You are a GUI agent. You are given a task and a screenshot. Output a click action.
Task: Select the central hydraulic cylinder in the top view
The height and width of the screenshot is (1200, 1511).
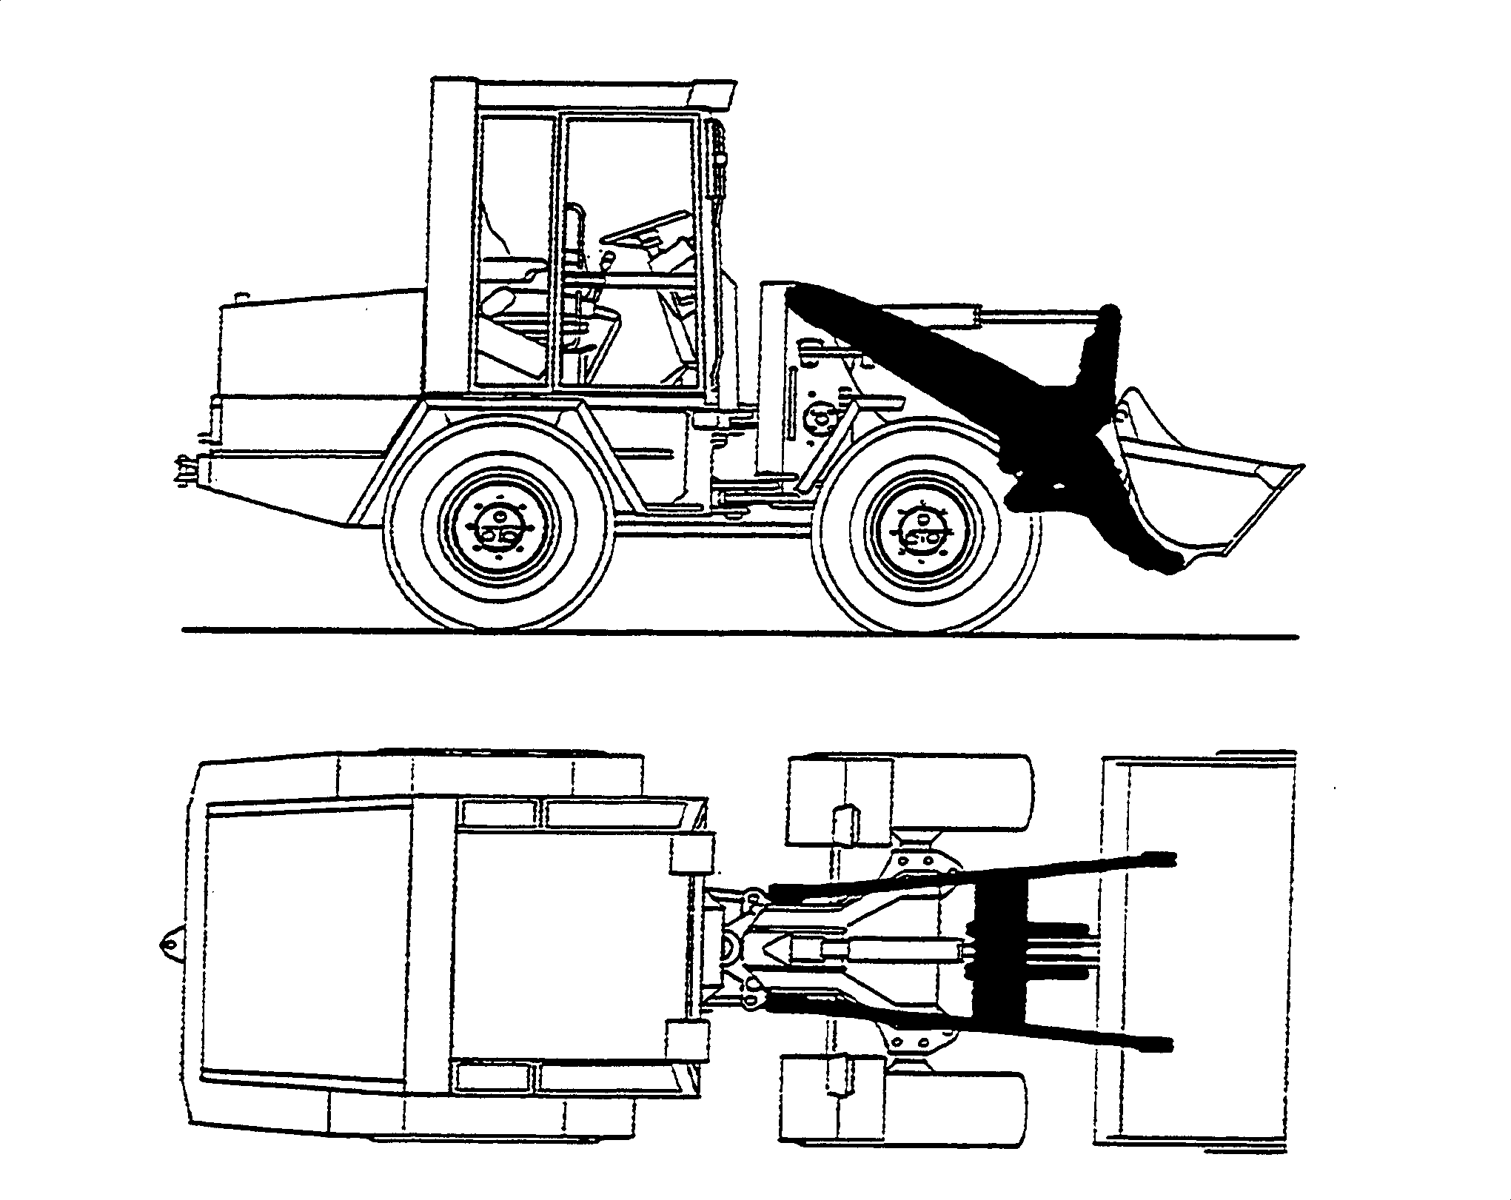(888, 952)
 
